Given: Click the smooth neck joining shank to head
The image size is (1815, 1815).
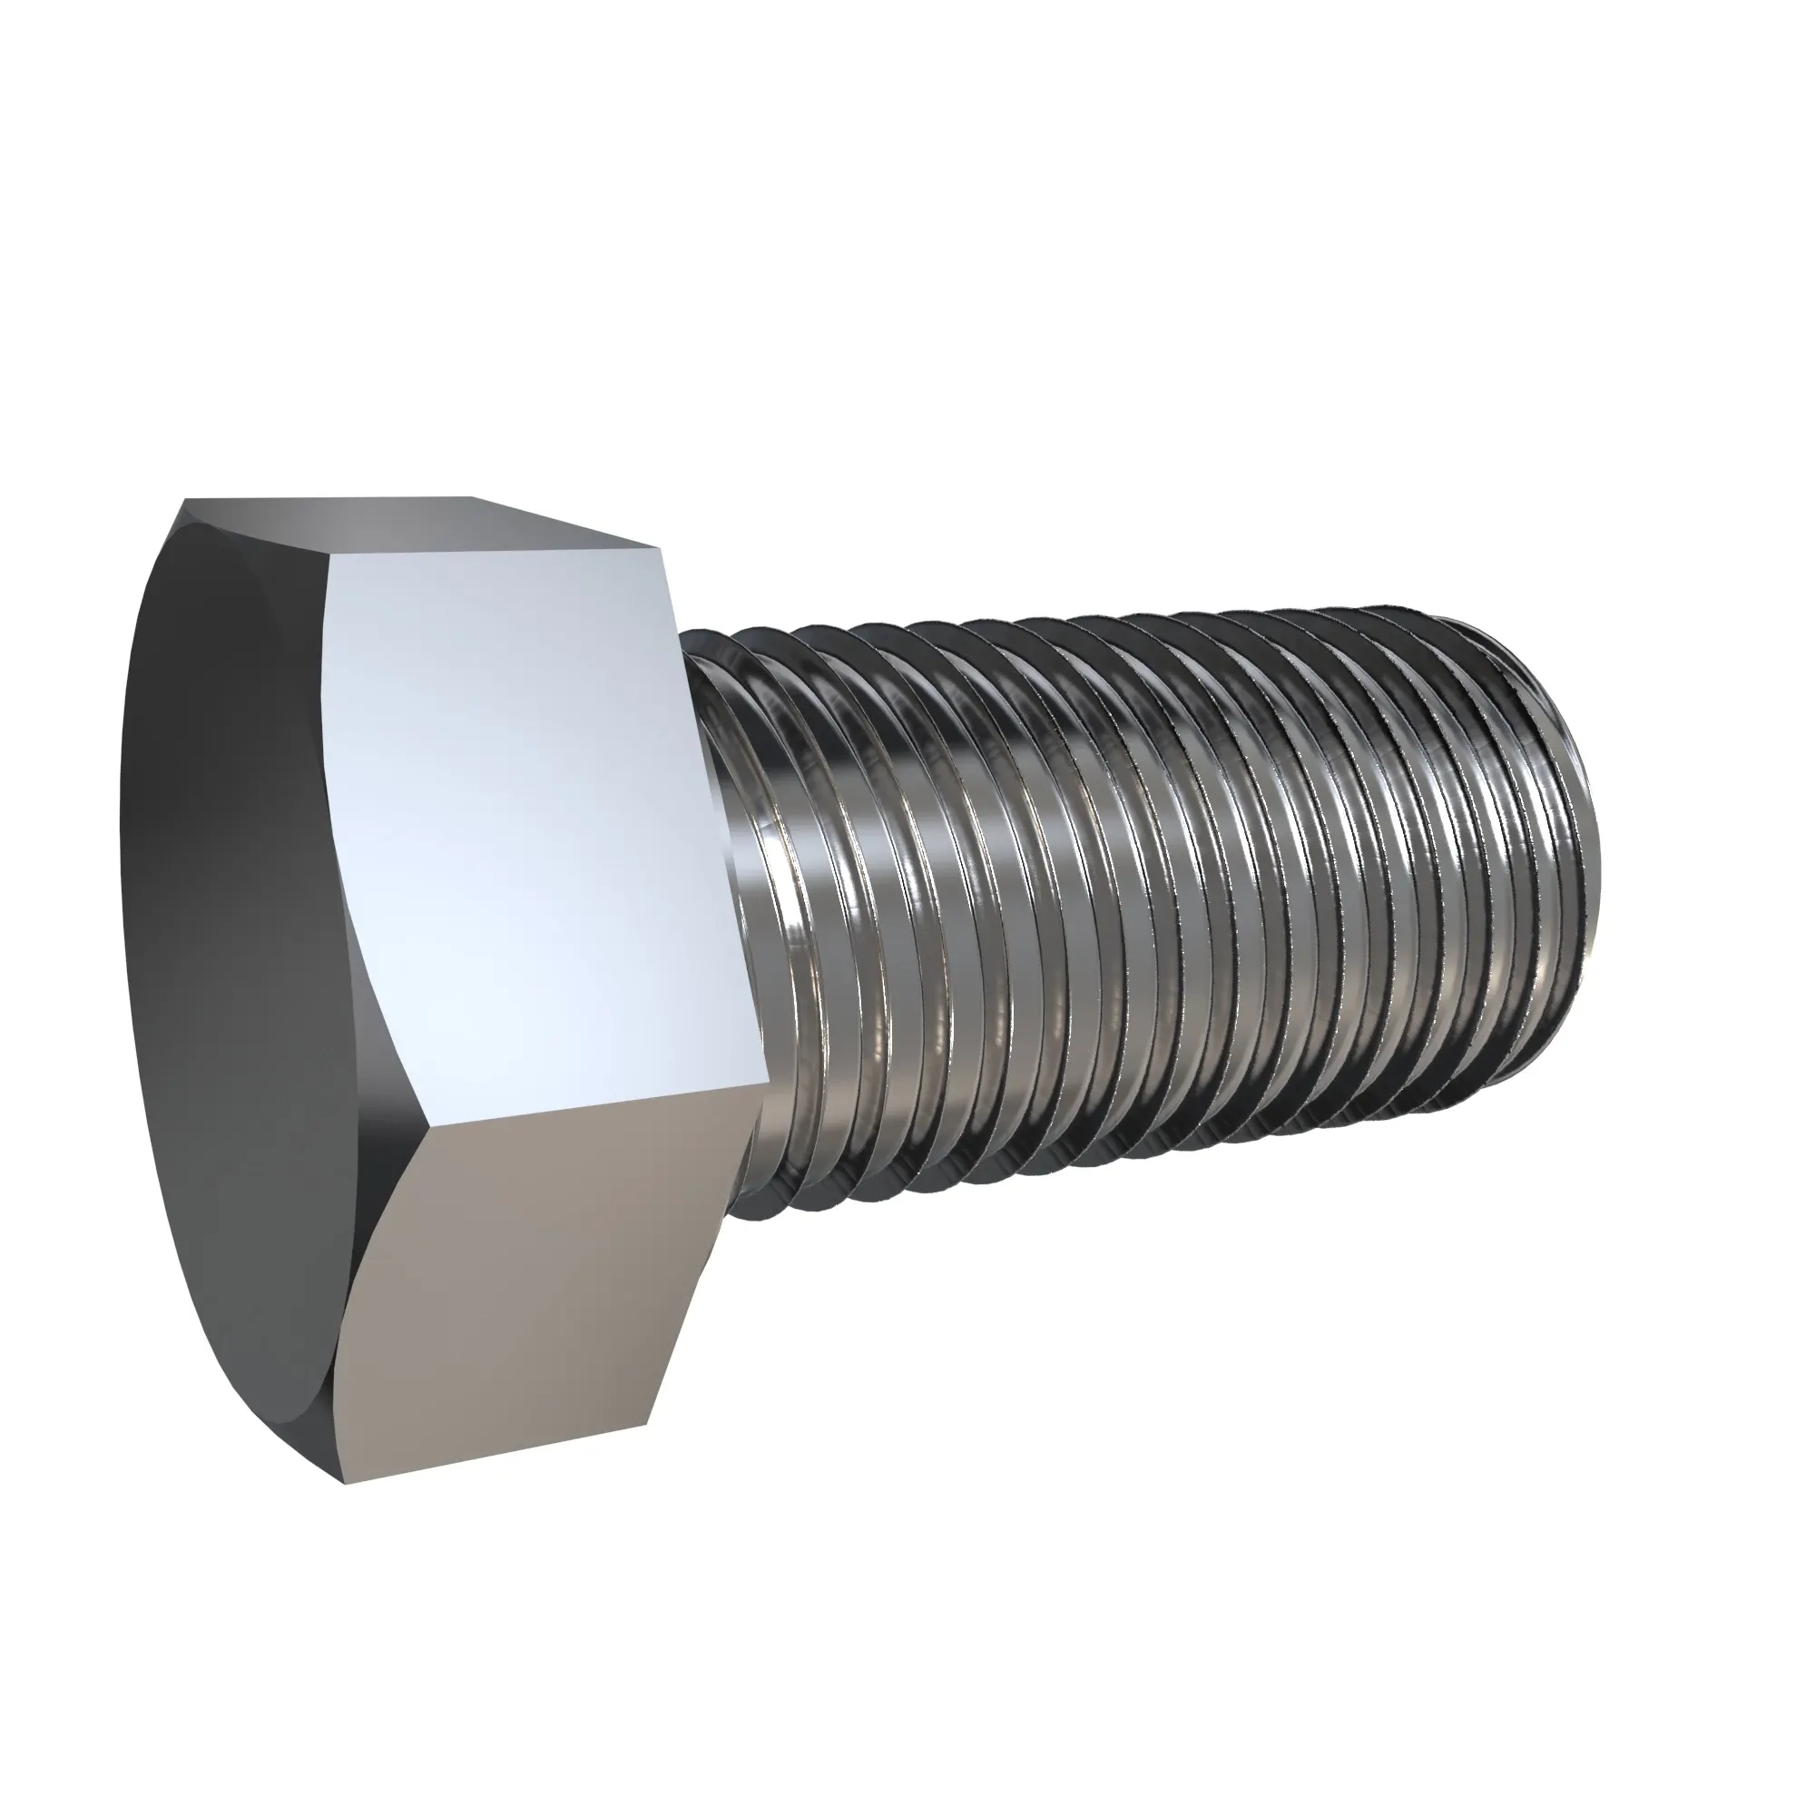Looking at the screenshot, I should (x=742, y=846).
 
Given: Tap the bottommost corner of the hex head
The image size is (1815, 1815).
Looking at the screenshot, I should (x=344, y=1484).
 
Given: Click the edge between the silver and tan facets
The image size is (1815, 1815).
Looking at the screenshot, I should (x=602, y=1104).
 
